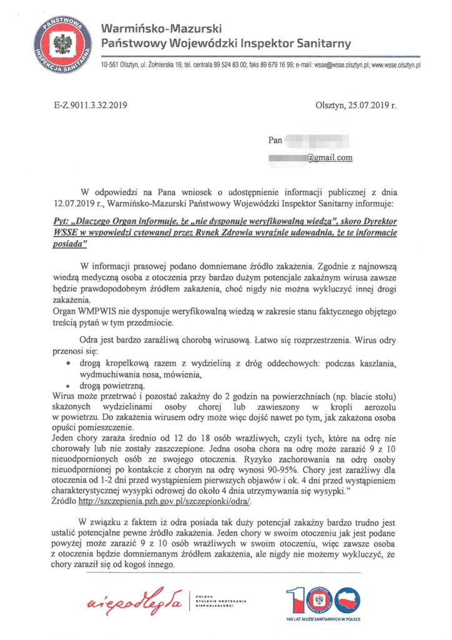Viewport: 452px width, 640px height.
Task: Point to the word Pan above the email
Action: (275, 140)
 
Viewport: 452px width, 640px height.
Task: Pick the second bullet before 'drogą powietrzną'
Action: (69, 386)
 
